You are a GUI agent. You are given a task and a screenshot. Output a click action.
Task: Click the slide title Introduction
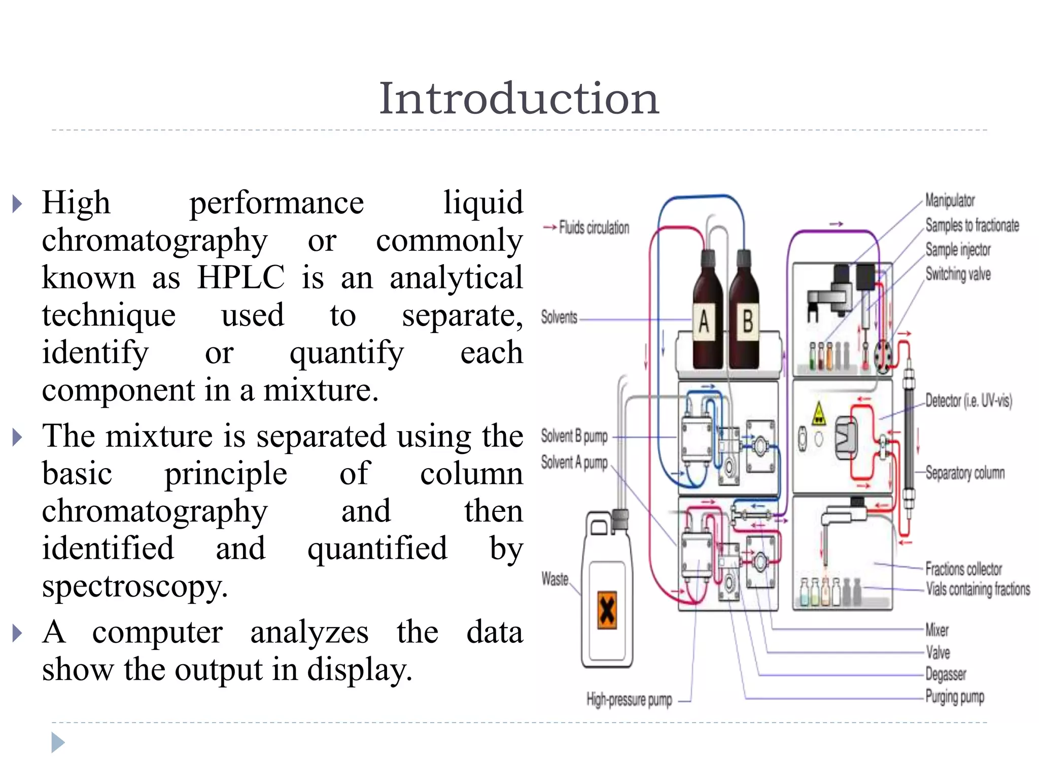click(519, 99)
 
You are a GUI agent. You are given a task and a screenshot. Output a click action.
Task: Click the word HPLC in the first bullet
click(240, 278)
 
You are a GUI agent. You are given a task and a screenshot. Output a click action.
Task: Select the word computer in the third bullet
click(157, 633)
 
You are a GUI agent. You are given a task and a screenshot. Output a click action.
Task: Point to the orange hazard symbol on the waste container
click(607, 610)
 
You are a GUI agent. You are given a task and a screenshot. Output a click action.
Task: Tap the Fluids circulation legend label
click(594, 227)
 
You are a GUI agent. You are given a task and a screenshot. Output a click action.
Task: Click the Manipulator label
click(950, 200)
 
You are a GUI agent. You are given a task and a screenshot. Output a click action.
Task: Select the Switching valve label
click(958, 274)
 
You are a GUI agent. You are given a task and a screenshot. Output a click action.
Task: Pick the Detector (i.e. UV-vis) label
click(968, 401)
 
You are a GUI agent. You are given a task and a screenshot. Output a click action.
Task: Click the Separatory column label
click(965, 473)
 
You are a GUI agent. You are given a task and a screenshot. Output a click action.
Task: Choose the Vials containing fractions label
click(978, 589)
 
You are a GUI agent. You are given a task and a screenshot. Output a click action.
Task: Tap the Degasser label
click(946, 674)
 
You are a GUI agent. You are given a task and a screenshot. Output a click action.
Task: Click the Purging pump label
click(954, 697)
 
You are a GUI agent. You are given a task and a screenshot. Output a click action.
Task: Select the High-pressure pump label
click(629, 700)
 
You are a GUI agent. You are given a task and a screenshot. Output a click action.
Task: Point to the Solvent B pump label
click(574, 436)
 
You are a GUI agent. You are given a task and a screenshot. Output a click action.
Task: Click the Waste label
click(555, 579)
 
